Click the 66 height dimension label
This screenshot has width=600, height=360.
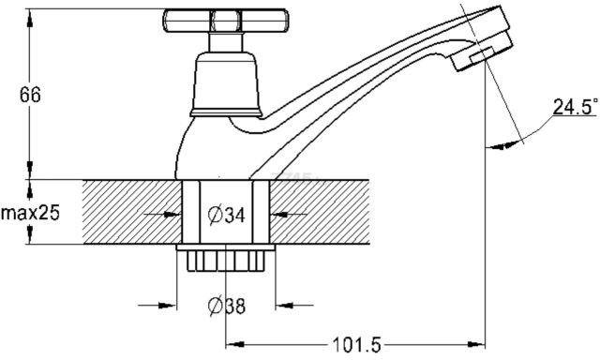(x=30, y=95)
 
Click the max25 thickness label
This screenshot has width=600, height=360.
(x=30, y=213)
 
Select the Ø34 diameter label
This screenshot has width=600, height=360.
(x=226, y=215)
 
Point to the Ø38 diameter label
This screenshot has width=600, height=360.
(x=227, y=306)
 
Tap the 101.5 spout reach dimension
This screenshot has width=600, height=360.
(x=356, y=345)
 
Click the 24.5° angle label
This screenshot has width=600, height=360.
(x=575, y=107)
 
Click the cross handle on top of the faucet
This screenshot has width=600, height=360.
(x=225, y=21)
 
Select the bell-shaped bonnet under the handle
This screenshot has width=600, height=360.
(x=226, y=84)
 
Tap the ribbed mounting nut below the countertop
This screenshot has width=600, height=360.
(x=226, y=261)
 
